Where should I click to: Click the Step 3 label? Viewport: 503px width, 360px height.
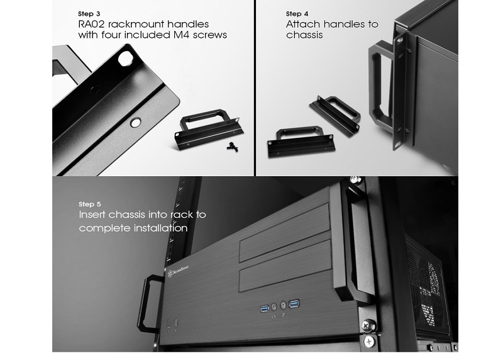(x=89, y=14)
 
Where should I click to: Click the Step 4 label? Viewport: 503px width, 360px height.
(x=297, y=14)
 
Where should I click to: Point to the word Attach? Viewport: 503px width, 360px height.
(x=303, y=24)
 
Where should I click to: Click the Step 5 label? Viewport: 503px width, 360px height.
(x=89, y=205)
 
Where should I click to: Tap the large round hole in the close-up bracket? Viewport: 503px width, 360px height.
(x=125, y=59)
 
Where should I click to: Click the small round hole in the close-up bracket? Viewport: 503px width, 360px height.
(x=135, y=122)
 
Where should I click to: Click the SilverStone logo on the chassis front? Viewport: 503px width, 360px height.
(x=178, y=271)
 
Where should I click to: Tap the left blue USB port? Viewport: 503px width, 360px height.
(x=264, y=308)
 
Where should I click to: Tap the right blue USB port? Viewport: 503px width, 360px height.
(x=294, y=303)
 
